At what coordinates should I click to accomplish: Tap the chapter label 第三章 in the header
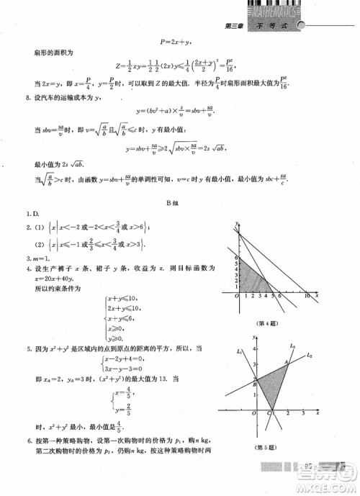(x=235, y=26)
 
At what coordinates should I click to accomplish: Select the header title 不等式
(x=276, y=26)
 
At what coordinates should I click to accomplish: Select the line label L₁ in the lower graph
(x=239, y=352)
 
